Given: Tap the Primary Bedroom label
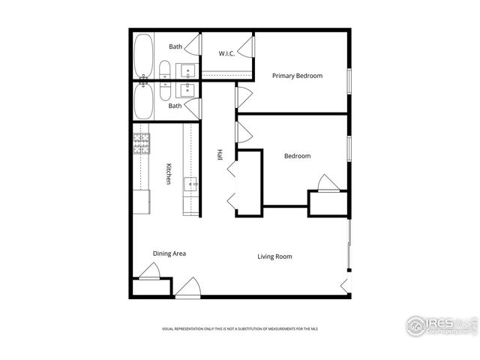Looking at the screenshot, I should pyautogui.click(x=297, y=76).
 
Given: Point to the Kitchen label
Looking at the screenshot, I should pyautogui.click(x=169, y=173).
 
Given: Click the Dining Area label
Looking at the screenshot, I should pyautogui.click(x=169, y=253).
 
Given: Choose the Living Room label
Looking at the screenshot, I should pyautogui.click(x=274, y=256).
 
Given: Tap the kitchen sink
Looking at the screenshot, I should pyautogui.click(x=190, y=182).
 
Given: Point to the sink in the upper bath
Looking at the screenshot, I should pyautogui.click(x=187, y=71).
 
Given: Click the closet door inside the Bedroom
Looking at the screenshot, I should pyautogui.click(x=328, y=183).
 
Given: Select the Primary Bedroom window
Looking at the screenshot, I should pyautogui.click(x=349, y=82).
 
